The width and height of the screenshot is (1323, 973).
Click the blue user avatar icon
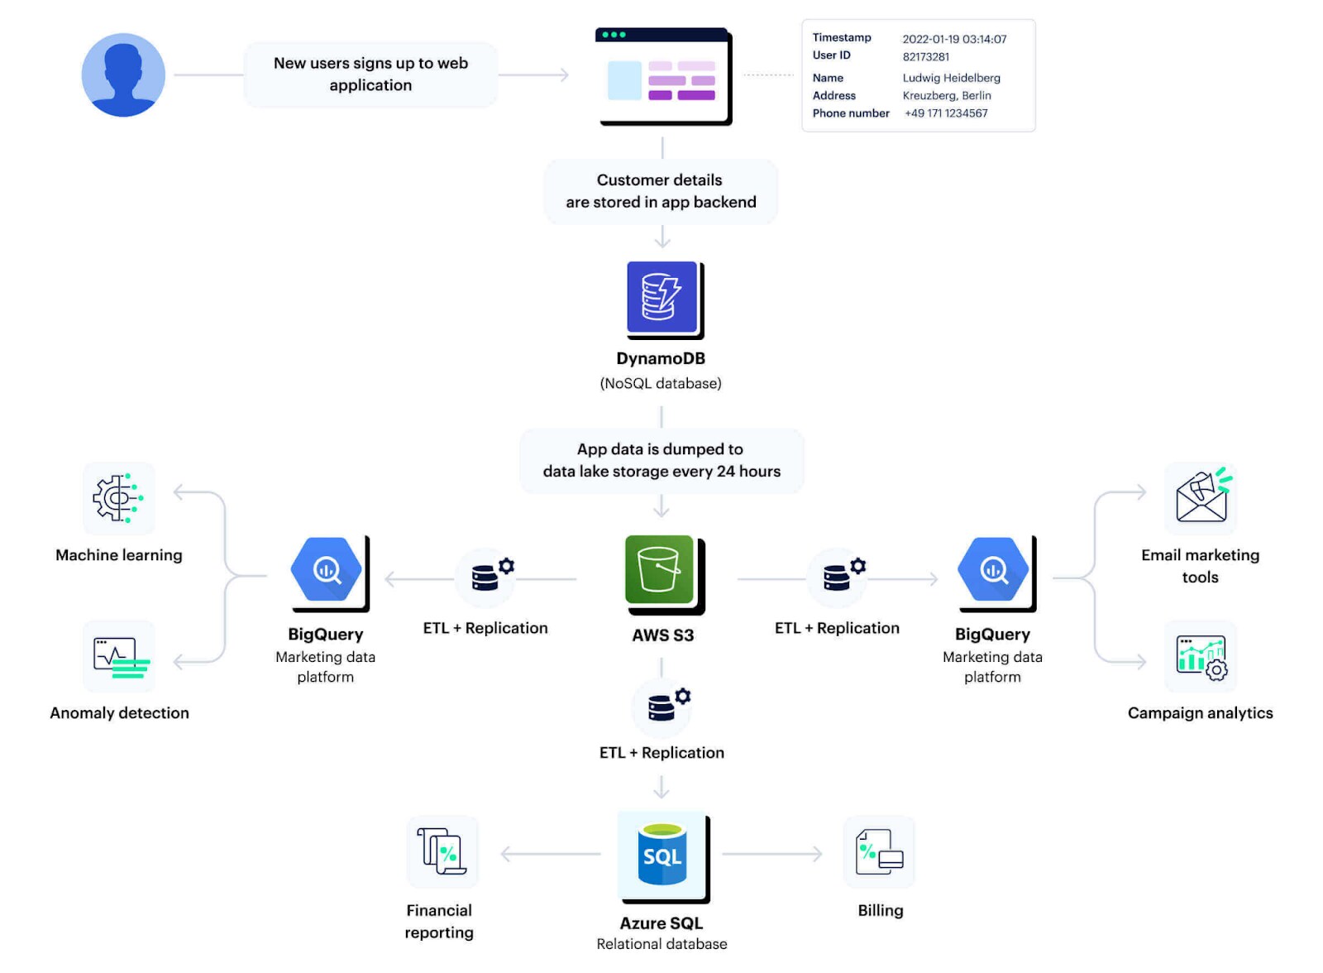123,74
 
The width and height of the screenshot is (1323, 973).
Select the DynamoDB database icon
661,298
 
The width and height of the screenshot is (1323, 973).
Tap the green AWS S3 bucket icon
660,570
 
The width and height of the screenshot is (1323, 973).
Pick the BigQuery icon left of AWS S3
327,570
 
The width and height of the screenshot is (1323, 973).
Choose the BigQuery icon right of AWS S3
993,570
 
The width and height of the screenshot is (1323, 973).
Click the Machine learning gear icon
118,497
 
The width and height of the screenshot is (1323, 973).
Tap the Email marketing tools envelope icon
1201,496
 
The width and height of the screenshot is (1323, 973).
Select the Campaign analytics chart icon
1201,656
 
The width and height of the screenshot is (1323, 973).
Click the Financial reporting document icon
442,851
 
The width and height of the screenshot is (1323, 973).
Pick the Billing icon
879,851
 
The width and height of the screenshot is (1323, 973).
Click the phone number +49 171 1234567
946,113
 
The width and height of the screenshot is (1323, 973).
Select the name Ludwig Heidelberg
951,78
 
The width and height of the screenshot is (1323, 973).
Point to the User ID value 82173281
925,57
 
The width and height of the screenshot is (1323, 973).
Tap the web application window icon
662,76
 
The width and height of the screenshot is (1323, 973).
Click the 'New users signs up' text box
370,74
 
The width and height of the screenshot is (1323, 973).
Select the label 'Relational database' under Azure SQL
661,944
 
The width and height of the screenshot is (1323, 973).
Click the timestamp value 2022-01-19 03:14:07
954,39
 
